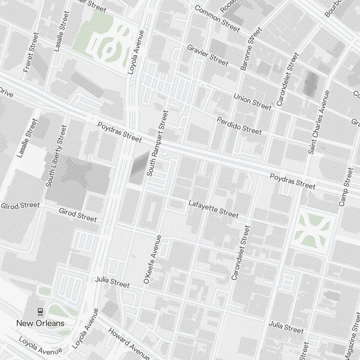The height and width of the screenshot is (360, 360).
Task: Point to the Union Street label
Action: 252,102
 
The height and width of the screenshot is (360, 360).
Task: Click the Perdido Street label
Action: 239,125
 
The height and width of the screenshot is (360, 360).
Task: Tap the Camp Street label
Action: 346,187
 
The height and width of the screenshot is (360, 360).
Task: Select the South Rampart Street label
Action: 158,143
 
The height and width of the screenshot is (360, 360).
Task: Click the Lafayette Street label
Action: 213,209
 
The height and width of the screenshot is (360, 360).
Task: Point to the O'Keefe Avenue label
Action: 152,259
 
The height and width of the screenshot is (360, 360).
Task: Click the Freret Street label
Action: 31,53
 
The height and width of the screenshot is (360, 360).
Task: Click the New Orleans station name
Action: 40,323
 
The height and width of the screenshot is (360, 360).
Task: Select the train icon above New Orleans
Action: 40,311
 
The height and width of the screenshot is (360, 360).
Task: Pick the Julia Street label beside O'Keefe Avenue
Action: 112,282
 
